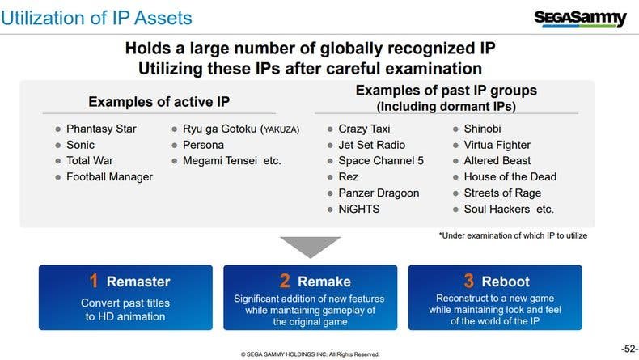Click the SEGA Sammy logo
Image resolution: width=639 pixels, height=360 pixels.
coord(580,19)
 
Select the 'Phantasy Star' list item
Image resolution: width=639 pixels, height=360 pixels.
coord(101,129)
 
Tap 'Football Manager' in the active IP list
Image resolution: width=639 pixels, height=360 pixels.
coord(110,177)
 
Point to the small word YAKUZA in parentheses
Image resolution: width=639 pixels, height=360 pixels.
coord(281,129)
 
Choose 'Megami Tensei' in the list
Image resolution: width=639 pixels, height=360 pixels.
coord(220,161)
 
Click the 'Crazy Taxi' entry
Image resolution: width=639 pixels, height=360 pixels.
coord(364,129)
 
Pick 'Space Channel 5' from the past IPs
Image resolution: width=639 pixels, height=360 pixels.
coord(381,161)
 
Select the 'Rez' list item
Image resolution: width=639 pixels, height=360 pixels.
coord(348,177)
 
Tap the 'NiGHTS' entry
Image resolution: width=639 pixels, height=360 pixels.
coord(358,210)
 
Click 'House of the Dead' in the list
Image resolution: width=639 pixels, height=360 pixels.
coord(510,177)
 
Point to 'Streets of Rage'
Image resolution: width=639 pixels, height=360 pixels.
coord(502,193)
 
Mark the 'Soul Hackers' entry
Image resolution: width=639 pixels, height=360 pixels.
coord(497,210)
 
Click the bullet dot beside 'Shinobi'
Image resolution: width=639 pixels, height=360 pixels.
coord(455,129)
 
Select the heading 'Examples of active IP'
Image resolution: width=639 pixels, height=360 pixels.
coord(159,101)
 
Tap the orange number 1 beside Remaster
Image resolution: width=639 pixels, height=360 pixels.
coord(94,281)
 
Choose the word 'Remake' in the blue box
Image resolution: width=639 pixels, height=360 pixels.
coord(324,282)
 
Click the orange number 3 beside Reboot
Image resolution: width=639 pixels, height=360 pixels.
coord(468,281)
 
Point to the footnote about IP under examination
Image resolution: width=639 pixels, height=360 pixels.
coord(513,235)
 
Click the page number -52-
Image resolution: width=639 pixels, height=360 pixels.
coord(629,349)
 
